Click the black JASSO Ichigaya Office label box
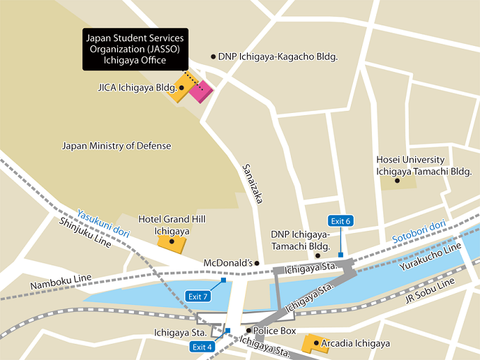[x=135, y=49]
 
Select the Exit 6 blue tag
[x=340, y=221]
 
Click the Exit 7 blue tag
[x=197, y=295]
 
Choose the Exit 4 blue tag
[x=202, y=346]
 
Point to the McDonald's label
[x=228, y=263]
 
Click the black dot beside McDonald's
[x=257, y=263]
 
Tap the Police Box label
[x=275, y=330]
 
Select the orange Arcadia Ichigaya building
[x=311, y=344]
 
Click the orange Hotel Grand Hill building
[x=172, y=242]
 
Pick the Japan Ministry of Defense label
[x=116, y=146]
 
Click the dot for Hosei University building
[x=397, y=181]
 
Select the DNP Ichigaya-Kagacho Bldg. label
[x=277, y=56]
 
